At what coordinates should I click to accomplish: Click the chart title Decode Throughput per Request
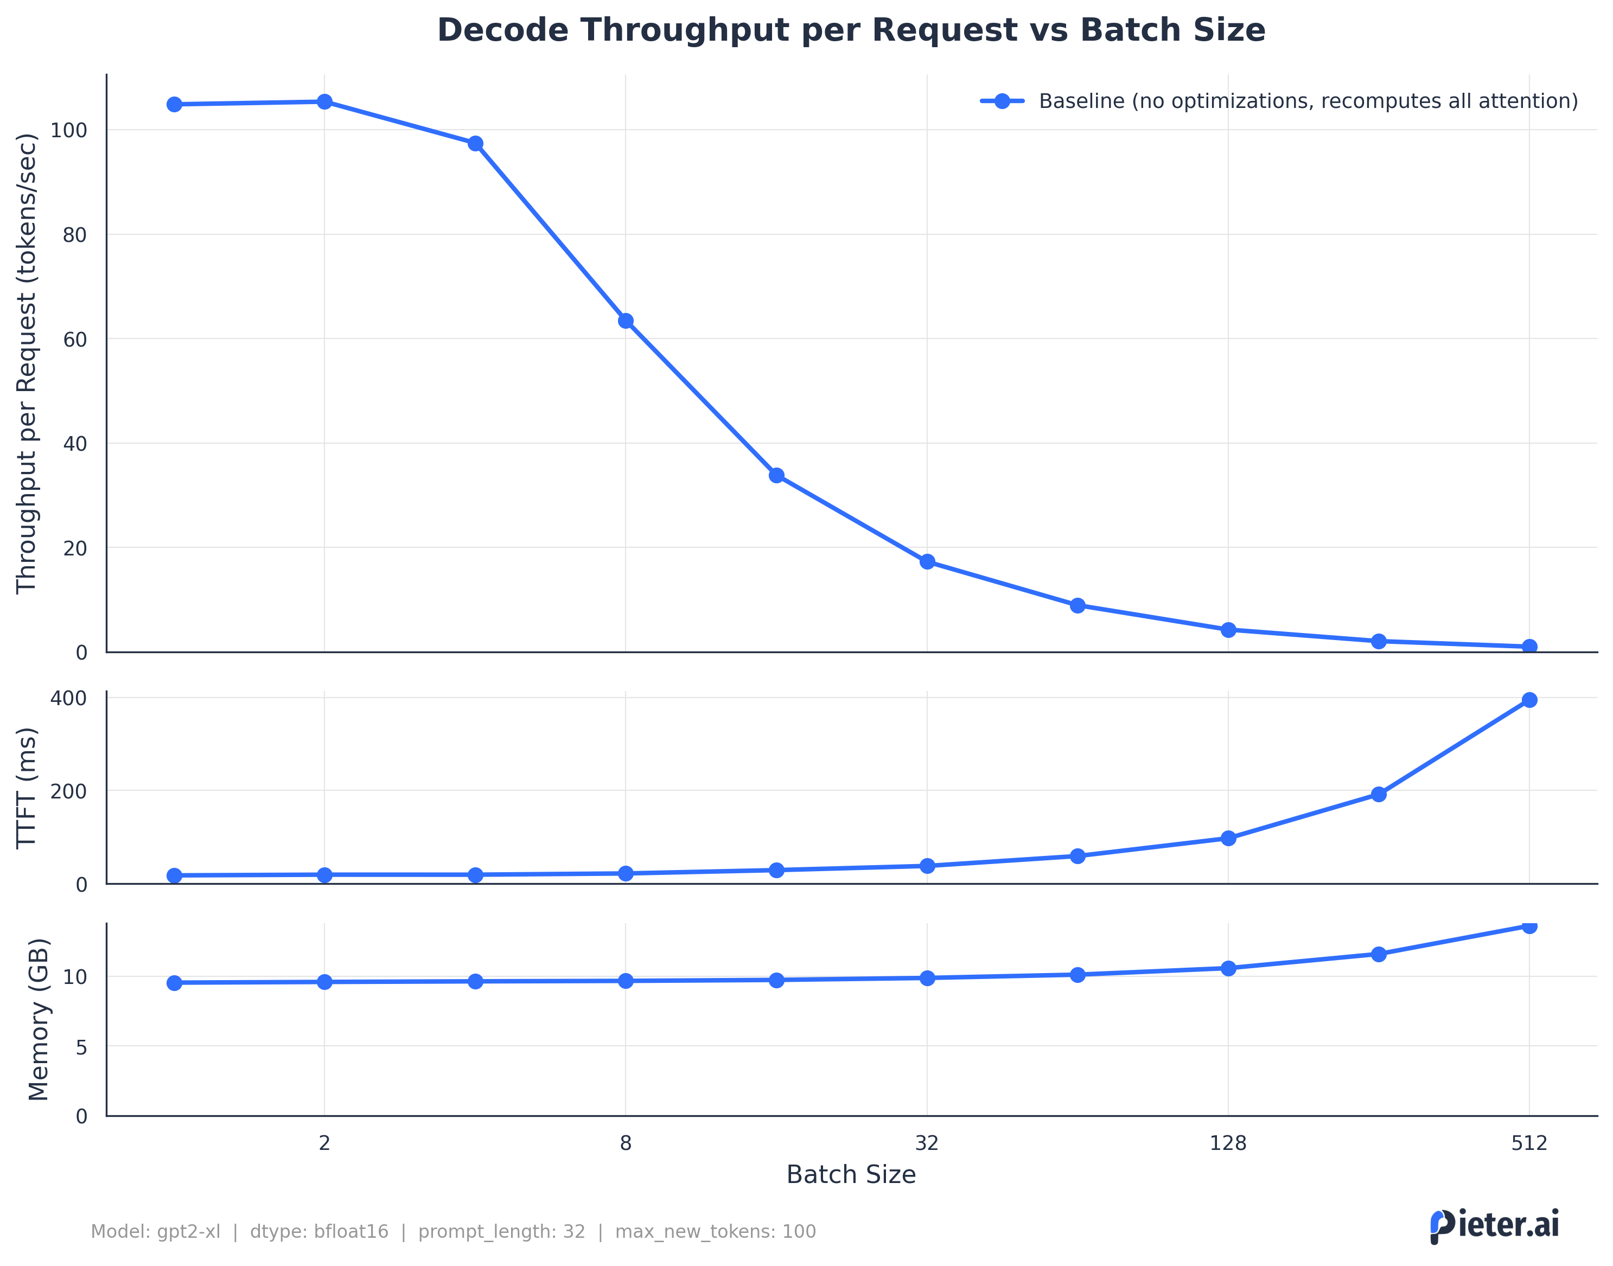[850, 31]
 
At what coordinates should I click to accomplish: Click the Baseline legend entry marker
[1002, 101]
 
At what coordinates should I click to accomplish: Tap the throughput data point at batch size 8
[626, 321]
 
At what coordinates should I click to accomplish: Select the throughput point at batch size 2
[324, 101]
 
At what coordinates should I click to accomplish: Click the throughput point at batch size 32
[927, 562]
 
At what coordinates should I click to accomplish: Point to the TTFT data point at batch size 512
[1528, 700]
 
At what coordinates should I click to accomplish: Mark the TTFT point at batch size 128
[1228, 839]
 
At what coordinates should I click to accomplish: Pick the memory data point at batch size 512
[1528, 926]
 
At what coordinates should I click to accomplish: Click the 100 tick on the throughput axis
[69, 131]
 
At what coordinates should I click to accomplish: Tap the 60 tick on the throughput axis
[75, 340]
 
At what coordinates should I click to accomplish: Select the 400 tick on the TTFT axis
[69, 698]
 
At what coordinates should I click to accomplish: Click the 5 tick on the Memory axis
[81, 1047]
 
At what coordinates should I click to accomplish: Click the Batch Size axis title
[850, 1175]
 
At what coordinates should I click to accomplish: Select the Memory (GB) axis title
[39, 1019]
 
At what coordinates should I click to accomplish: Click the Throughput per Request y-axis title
[27, 363]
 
